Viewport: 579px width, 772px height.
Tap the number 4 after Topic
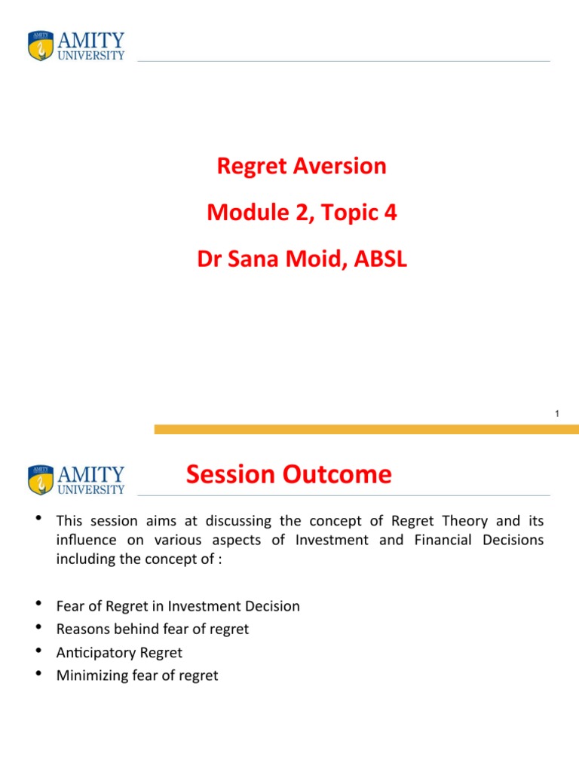coord(390,213)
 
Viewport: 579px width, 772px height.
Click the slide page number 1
coord(556,414)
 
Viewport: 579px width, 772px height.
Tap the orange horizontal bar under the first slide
coord(366,429)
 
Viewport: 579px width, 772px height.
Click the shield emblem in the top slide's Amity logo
coord(41,46)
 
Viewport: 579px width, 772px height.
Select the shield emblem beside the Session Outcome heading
coord(41,480)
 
